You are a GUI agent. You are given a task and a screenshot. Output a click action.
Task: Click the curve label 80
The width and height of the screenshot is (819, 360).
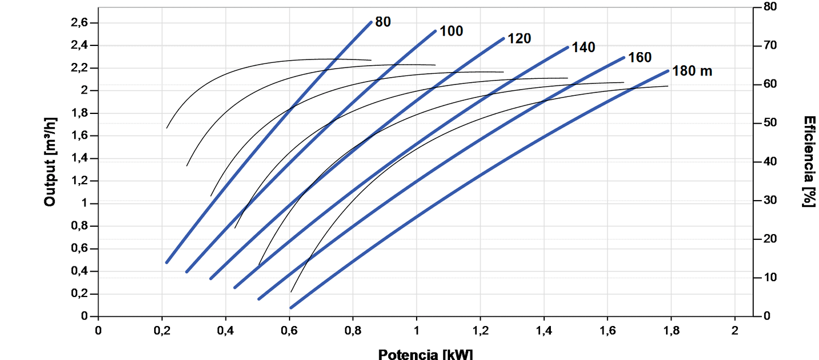pyautogui.click(x=383, y=22)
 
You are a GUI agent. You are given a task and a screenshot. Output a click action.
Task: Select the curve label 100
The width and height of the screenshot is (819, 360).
pyautogui.click(x=451, y=31)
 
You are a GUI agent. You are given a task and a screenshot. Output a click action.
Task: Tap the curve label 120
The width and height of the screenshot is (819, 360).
pyautogui.click(x=519, y=39)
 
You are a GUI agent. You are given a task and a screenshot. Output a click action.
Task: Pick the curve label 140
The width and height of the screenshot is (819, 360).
pyautogui.click(x=583, y=48)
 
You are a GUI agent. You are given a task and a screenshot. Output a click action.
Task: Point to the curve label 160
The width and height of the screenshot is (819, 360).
pyautogui.click(x=640, y=57)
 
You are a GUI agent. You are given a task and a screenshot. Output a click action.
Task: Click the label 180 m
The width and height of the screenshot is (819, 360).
pyautogui.click(x=692, y=71)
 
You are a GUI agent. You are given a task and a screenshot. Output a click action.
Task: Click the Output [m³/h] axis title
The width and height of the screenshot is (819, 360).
pyautogui.click(x=50, y=162)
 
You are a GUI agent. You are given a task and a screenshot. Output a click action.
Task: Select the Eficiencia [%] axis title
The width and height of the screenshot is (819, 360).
pyautogui.click(x=809, y=162)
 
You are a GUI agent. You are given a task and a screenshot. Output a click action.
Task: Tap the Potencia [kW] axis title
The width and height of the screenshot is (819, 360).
pyautogui.click(x=425, y=354)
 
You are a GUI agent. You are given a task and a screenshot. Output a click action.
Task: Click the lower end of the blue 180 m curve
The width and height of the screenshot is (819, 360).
pyautogui.click(x=291, y=307)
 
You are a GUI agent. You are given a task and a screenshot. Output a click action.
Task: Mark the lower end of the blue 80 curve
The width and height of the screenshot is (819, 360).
pyautogui.click(x=167, y=262)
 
